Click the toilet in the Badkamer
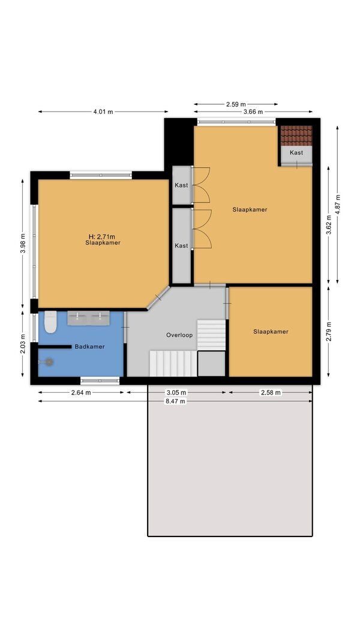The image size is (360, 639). click(50, 322)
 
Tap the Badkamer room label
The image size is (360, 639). click(89, 347)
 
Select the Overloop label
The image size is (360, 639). click(179, 335)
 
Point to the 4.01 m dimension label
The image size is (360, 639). click(103, 111)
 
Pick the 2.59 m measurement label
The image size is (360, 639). click(236, 104)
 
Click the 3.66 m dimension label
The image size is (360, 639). click(253, 111)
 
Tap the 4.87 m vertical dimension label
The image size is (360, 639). click(337, 204)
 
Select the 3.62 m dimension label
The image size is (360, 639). click(329, 225)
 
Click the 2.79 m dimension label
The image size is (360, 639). click(329, 331)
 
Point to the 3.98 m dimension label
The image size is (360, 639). click(23, 243)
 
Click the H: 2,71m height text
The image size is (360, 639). click(102, 236)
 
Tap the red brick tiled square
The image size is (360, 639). click(296, 135)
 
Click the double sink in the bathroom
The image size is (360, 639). click(88, 318)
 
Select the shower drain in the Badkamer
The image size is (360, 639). click(49, 361)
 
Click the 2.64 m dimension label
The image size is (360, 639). click(81, 393)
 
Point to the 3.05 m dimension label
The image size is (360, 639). click(176, 393)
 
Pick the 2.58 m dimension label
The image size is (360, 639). click(271, 393)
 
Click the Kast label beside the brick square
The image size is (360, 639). click(296, 152)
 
